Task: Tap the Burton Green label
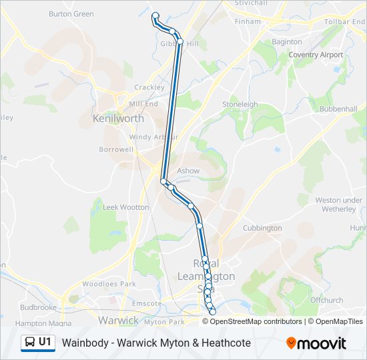[71, 13]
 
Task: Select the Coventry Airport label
[316, 55]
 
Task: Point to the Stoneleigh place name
[240, 105]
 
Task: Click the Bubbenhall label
[338, 109]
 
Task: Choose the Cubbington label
[262, 228]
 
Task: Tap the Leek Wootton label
[126, 207]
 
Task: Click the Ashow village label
[188, 171]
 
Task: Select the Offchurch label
[326, 300]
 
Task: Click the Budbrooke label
[38, 308]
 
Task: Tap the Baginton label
[287, 42]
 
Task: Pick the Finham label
[248, 21]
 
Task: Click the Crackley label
[149, 87]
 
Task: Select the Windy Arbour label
[154, 137]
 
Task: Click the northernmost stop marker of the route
[155, 15]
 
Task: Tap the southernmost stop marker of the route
[213, 312]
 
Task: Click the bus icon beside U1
[30, 343]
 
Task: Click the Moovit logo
[316, 343]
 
